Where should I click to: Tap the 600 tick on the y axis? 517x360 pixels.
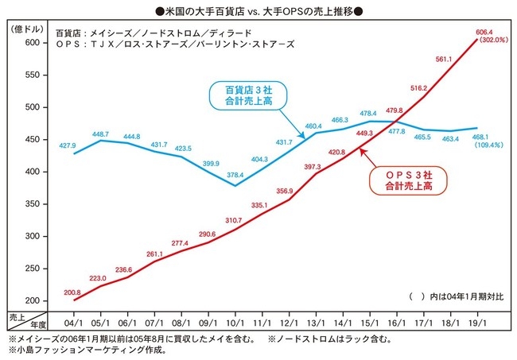[x=33, y=42]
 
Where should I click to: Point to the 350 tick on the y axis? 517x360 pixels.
[x=33, y=203]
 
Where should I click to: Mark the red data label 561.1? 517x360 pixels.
[x=444, y=59]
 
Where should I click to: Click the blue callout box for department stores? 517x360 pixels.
[x=247, y=96]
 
